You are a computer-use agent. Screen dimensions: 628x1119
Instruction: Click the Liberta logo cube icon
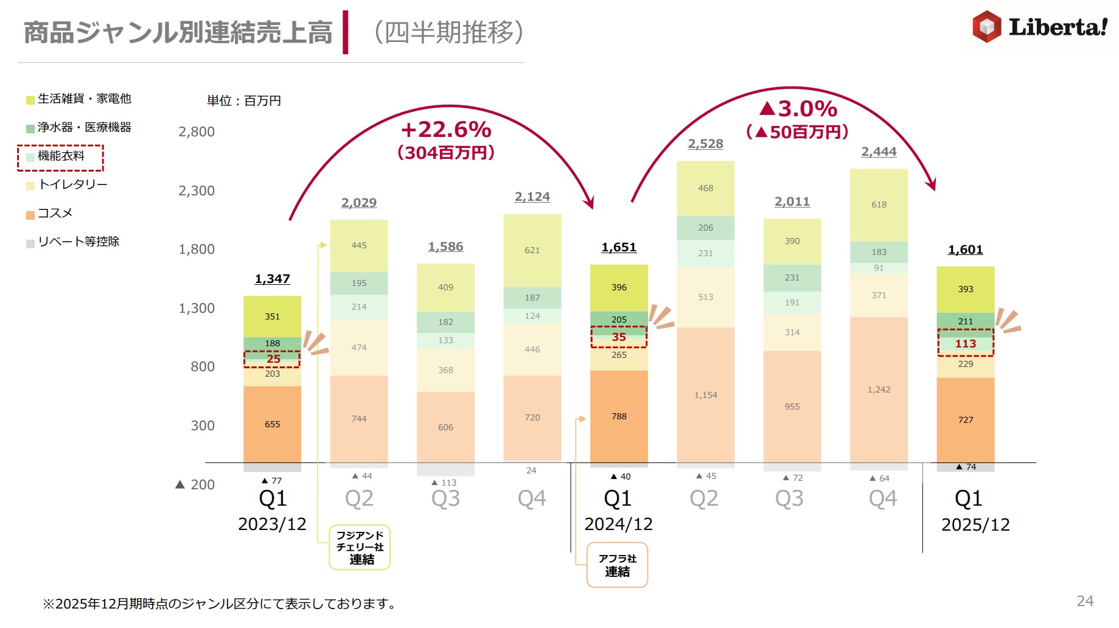click(986, 27)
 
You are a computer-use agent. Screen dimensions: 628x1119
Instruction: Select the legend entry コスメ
click(54, 213)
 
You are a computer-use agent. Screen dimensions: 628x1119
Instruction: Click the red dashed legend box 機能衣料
click(60, 157)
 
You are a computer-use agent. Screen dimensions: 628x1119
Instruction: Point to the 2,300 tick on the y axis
click(196, 191)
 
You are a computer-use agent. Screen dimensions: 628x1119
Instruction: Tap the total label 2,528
click(705, 144)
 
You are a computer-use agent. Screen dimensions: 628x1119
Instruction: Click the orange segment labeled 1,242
click(879, 389)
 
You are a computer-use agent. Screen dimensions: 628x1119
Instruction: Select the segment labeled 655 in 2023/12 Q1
click(272, 424)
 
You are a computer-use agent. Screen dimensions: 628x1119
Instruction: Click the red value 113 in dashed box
click(965, 344)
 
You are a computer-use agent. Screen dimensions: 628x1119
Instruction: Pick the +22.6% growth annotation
click(445, 130)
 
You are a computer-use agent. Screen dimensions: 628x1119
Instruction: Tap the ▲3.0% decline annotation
click(798, 110)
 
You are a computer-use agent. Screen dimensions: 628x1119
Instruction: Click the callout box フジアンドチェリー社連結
click(360, 547)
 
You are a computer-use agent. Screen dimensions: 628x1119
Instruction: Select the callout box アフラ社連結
click(617, 565)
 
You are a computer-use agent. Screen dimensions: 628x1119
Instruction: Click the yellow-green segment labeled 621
click(532, 250)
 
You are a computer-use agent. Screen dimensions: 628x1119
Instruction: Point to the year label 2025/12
click(975, 525)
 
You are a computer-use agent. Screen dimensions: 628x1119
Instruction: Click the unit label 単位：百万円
click(243, 101)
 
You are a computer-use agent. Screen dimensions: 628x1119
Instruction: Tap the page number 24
click(1084, 601)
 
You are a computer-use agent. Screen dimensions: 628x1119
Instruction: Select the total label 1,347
click(272, 279)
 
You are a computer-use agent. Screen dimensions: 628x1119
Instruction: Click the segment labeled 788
click(619, 416)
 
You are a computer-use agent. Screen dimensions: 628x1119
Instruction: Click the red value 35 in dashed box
click(619, 337)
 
